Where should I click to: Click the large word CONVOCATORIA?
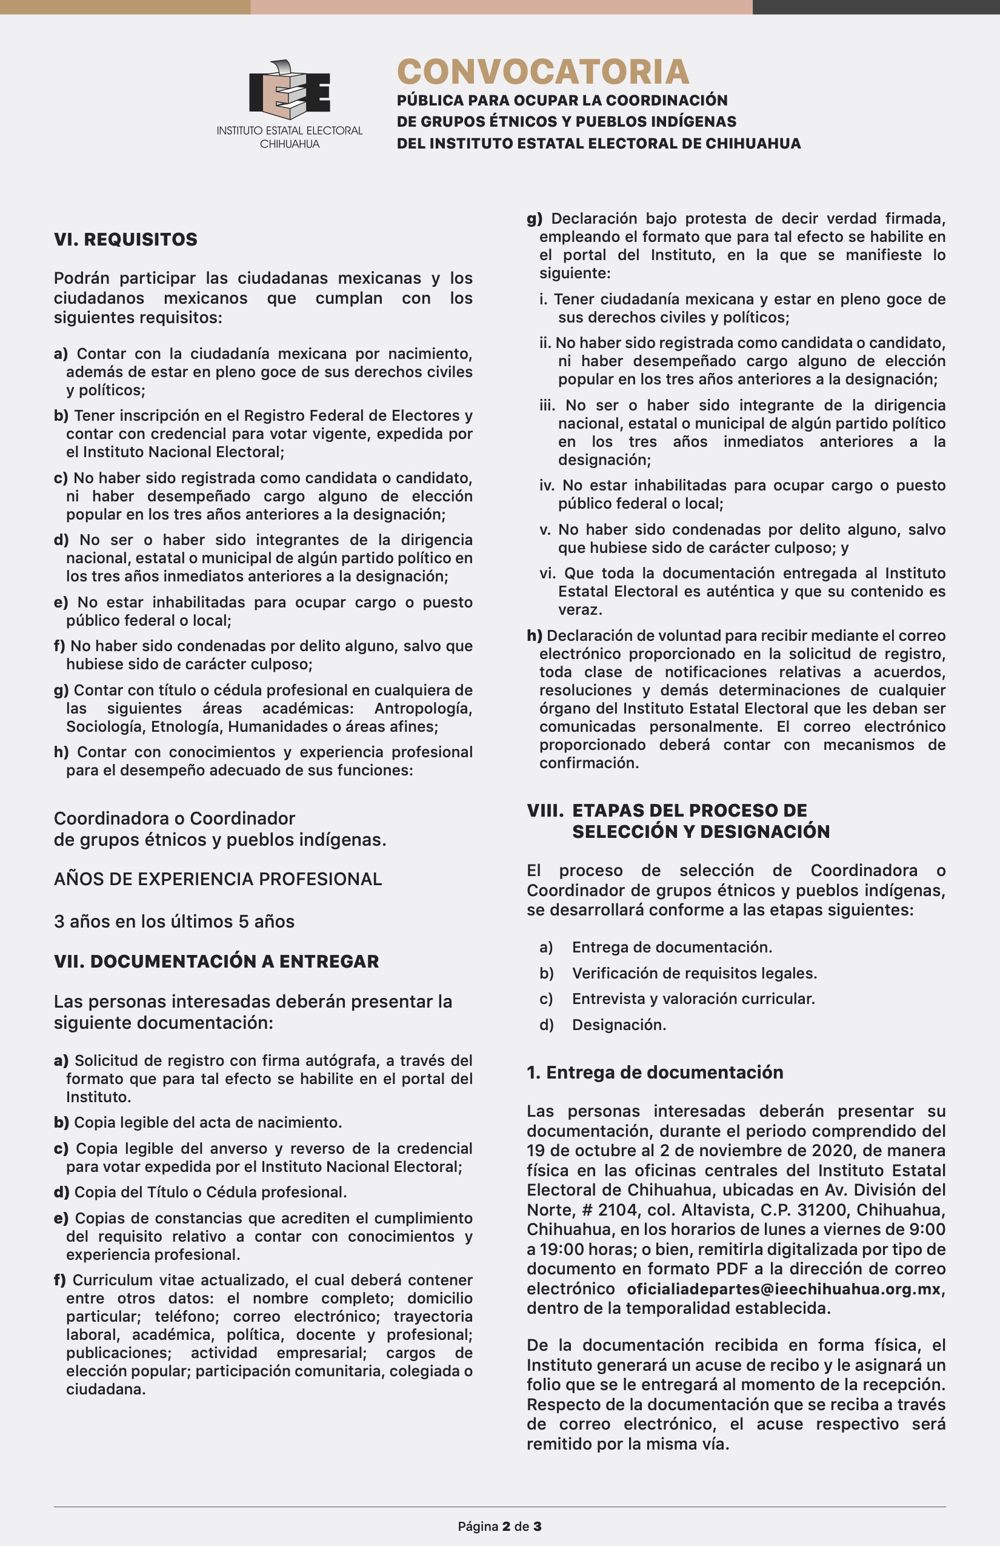pyautogui.click(x=543, y=72)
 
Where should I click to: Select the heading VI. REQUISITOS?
pyautogui.click(x=125, y=239)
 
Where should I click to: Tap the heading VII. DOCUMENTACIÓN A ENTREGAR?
pyautogui.click(x=216, y=962)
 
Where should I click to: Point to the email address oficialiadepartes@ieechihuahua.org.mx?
pyautogui.click(x=784, y=1289)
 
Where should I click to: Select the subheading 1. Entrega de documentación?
pyautogui.click(x=655, y=1072)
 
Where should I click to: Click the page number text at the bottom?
pyautogui.click(x=499, y=1526)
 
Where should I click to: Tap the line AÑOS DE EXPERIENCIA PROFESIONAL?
pyautogui.click(x=218, y=879)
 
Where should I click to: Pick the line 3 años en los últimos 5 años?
pyautogui.click(x=174, y=921)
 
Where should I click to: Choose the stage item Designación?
pyautogui.click(x=619, y=1025)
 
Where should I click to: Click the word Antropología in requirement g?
pyautogui.click(x=423, y=708)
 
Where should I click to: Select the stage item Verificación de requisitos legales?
pyautogui.click(x=694, y=973)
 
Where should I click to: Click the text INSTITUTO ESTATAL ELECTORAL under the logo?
pyautogui.click(x=290, y=130)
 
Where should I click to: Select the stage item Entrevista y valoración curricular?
pyautogui.click(x=693, y=999)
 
